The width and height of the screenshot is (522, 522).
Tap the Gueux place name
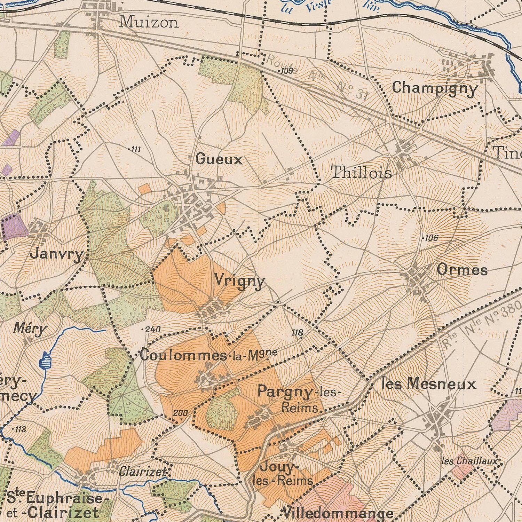point(219,159)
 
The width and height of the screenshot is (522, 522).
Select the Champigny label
point(435,88)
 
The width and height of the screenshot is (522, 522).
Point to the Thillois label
point(361,173)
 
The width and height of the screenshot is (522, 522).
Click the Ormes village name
point(462,270)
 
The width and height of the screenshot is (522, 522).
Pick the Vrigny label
point(239,281)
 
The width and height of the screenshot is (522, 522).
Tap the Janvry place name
point(57,254)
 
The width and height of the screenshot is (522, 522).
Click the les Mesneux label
point(428,384)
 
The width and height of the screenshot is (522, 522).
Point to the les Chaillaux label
point(469,461)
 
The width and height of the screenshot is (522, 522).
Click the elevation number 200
point(180,413)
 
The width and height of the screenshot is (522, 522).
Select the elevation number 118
point(297,333)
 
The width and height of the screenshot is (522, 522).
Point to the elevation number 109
point(287,71)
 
